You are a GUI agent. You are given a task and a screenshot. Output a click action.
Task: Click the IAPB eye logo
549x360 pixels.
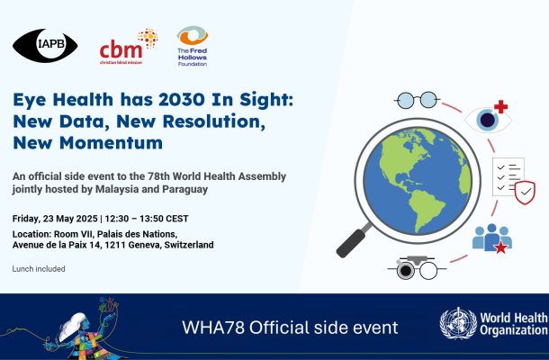tap(45, 46)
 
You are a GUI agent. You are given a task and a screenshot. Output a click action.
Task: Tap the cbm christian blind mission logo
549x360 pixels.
tap(128, 47)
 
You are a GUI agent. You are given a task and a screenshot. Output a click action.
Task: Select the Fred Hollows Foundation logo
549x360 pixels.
tap(193, 46)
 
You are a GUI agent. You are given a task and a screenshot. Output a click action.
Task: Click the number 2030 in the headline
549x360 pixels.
tap(182, 100)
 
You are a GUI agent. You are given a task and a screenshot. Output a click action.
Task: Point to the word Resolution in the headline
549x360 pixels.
tap(213, 121)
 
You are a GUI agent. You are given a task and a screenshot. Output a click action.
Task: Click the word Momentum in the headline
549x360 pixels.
tap(111, 143)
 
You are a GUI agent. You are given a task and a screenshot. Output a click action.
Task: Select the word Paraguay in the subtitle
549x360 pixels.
tap(184, 190)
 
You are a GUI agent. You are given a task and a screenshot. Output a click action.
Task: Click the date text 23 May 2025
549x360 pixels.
tap(70, 219)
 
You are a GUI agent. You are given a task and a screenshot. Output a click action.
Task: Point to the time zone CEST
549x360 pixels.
tap(176, 219)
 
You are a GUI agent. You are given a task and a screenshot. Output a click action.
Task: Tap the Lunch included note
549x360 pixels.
tap(39, 269)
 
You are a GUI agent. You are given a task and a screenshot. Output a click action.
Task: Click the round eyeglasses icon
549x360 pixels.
tap(417, 100)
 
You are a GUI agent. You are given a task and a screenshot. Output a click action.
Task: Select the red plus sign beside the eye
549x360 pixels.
tap(500, 107)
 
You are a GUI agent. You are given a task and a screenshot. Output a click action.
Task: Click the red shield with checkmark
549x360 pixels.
tap(525, 193)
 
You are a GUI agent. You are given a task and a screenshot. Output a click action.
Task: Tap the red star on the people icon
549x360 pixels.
tap(500, 247)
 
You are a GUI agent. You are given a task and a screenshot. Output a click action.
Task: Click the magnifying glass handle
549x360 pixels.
tap(352, 242)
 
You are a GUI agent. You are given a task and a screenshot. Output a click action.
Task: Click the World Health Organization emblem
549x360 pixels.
tap(458, 324)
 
